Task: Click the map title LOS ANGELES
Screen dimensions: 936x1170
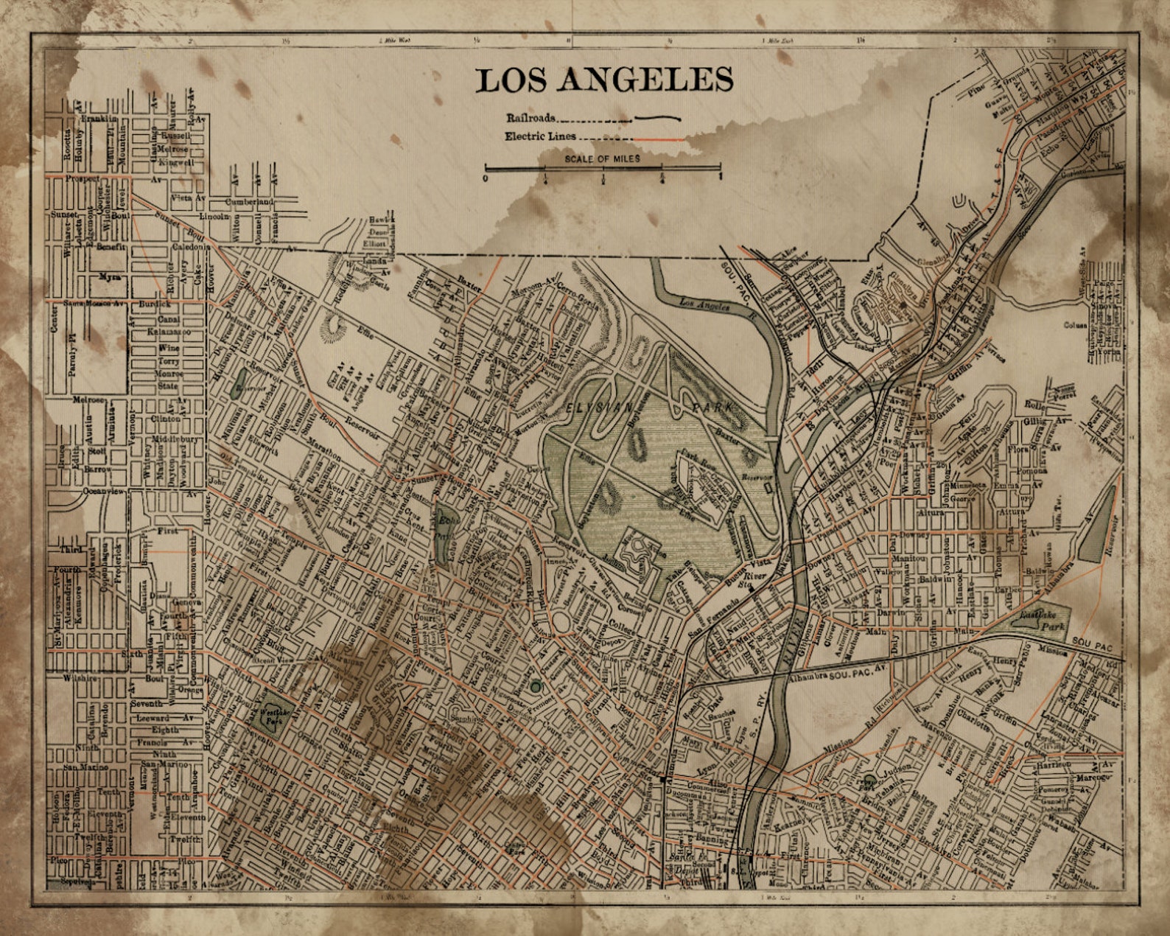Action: (604, 80)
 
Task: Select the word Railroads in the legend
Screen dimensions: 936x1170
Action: (530, 118)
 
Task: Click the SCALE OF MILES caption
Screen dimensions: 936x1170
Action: (602, 158)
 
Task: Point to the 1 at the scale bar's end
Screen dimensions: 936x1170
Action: (720, 177)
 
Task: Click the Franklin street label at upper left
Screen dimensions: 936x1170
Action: (99, 118)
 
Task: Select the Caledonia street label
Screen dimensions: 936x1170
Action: (192, 248)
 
